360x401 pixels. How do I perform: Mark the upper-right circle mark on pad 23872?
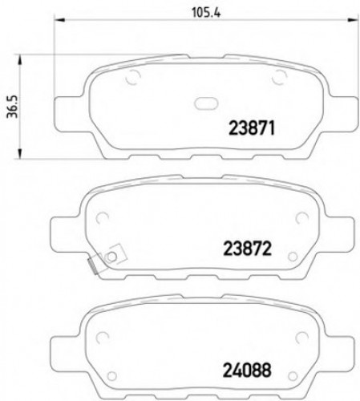coord(302,217)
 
